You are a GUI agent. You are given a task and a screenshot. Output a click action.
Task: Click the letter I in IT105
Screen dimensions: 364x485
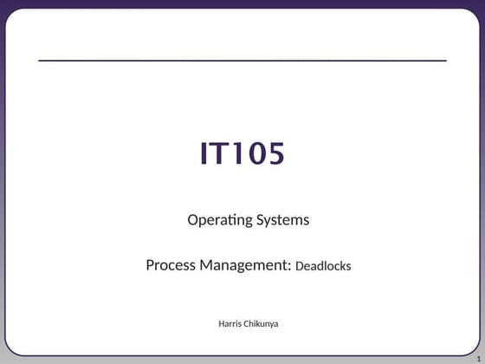tap(204, 153)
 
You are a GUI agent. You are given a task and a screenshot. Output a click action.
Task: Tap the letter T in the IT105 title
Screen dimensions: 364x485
tap(220, 153)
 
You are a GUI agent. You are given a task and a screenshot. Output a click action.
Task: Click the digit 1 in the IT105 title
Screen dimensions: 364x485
tap(238, 153)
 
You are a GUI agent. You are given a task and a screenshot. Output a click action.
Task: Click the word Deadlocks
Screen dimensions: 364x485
tap(323, 266)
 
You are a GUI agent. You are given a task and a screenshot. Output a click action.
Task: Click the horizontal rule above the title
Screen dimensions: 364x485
tap(242, 61)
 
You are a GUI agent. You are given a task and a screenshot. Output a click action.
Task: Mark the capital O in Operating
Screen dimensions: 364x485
tap(193, 220)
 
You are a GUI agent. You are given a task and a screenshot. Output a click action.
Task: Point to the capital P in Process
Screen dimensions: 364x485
tap(150, 265)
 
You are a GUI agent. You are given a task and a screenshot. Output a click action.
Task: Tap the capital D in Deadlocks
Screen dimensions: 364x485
tap(300, 266)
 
